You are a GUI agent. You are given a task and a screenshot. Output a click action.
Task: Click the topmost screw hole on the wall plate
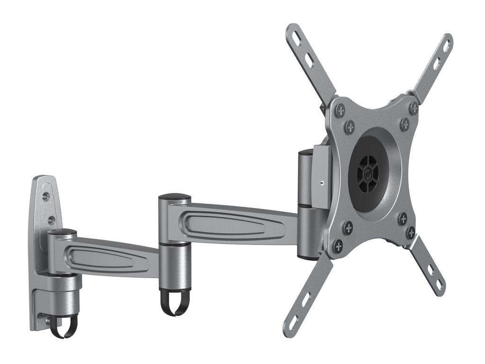(46, 195)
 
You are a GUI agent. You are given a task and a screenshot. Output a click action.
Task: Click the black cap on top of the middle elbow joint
(174, 196)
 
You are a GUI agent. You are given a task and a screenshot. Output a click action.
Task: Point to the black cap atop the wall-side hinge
(62, 232)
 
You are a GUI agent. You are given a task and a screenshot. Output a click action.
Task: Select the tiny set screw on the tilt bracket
(321, 182)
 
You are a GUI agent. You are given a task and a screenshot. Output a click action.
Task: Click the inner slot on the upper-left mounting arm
(308, 62)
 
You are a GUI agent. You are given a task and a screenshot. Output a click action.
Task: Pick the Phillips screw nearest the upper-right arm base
(413, 109)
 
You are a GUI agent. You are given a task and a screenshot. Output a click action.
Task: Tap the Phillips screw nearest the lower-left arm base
(338, 246)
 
